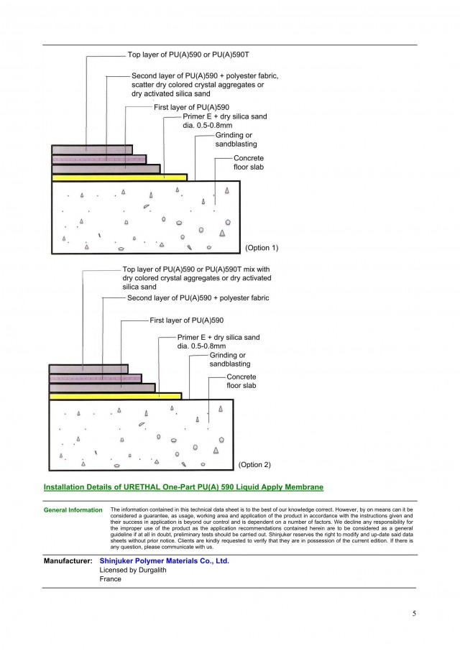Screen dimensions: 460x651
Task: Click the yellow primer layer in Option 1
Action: click(119, 177)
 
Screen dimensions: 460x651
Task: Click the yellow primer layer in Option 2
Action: click(116, 396)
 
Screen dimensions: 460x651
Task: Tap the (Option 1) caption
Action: click(262, 248)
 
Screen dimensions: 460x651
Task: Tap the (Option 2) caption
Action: click(254, 465)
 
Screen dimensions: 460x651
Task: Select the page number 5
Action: click(414, 613)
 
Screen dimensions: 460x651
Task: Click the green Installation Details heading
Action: click(183, 487)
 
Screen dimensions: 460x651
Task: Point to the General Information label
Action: click(73, 510)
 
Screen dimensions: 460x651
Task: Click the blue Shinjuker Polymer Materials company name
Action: click(164, 561)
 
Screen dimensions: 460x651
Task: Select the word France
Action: click(111, 578)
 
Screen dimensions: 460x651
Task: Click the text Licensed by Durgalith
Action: click(133, 570)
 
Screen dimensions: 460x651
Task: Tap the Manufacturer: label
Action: click(68, 561)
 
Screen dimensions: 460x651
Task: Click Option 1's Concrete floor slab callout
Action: click(249, 162)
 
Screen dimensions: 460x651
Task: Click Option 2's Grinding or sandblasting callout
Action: click(230, 359)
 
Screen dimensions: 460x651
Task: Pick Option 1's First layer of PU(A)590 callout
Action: click(191, 107)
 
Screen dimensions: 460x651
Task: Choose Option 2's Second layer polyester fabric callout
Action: click(198, 297)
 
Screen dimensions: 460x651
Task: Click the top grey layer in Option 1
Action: click(92, 149)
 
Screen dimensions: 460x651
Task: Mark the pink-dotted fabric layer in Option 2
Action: click(96, 378)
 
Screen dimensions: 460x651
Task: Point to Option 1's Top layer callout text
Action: click(188, 55)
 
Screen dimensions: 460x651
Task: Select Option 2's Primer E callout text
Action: click(218, 342)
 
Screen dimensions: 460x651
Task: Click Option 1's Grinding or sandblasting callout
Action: click(236, 139)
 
